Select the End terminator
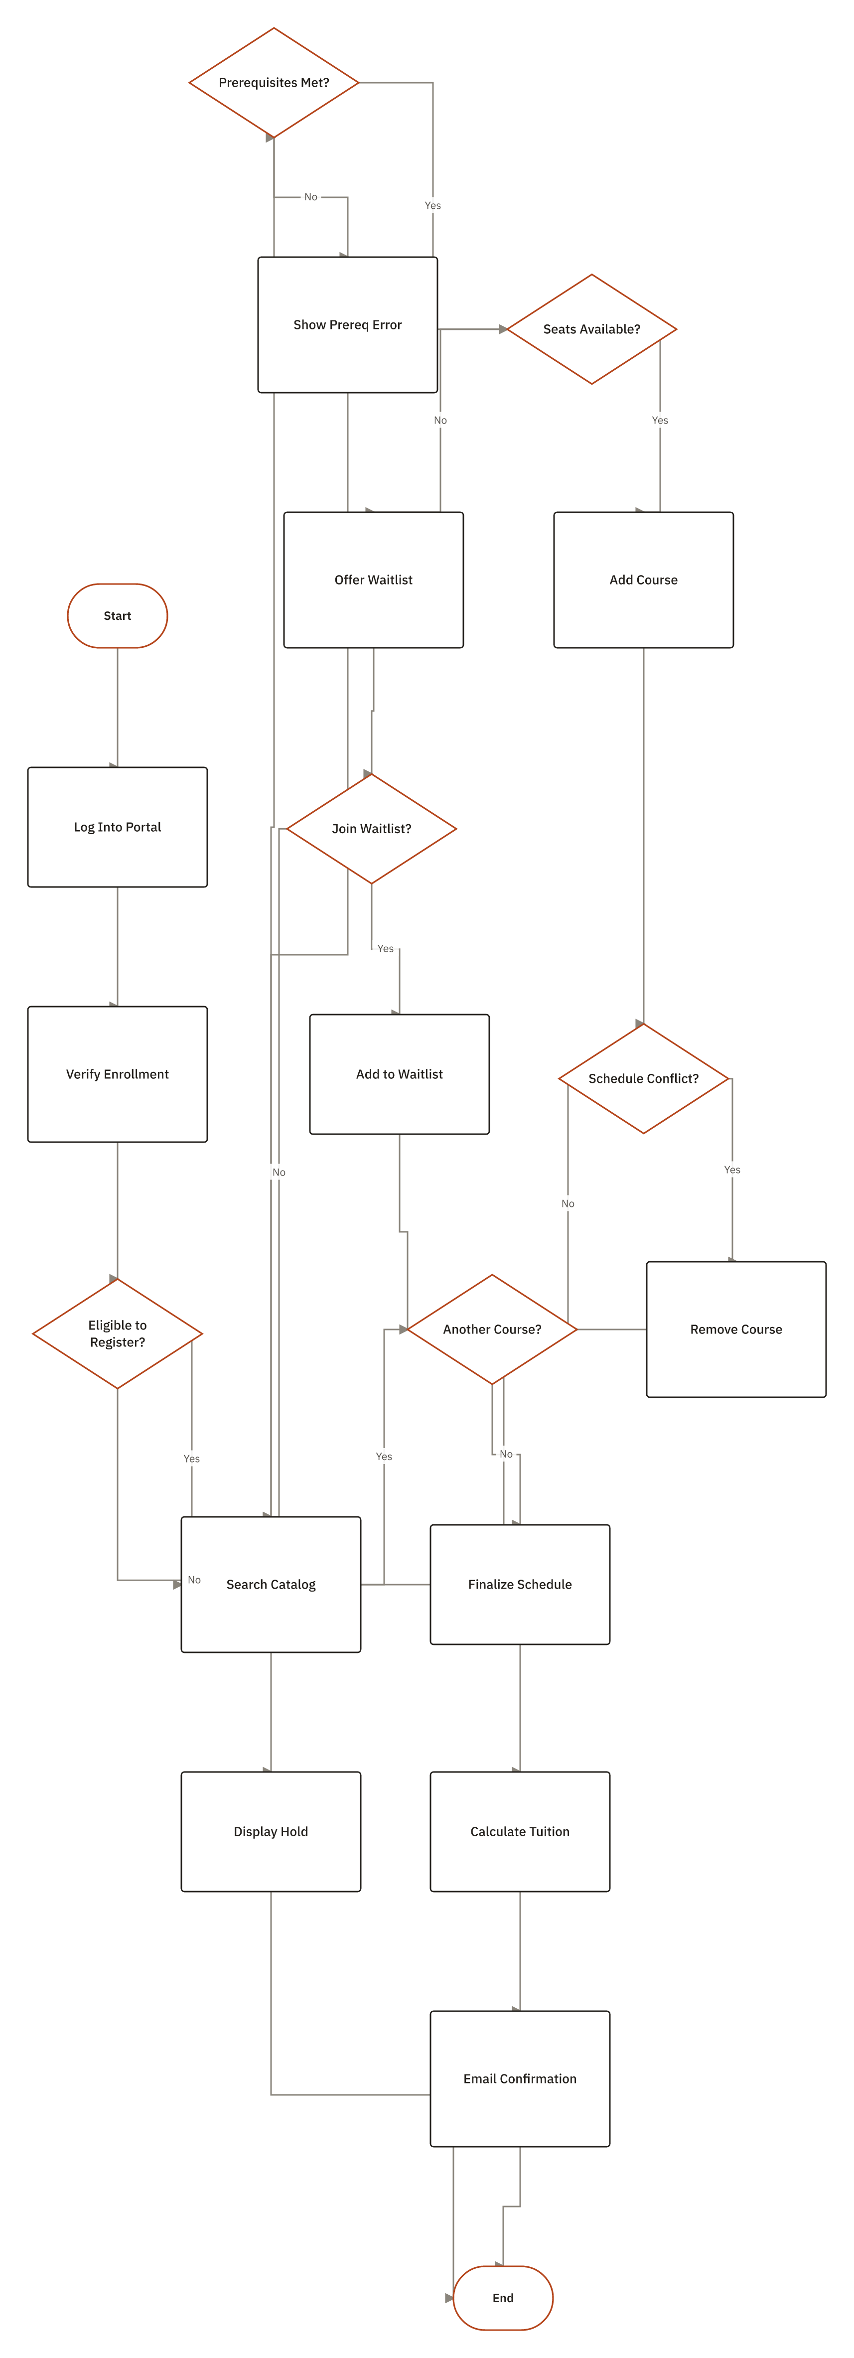tap(503, 2298)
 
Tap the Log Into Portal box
tap(117, 827)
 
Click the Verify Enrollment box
tap(117, 1074)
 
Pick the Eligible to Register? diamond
tap(117, 1333)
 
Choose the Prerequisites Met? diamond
tap(274, 82)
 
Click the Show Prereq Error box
tap(348, 325)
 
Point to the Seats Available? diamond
tap(591, 328)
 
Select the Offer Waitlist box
tap(374, 580)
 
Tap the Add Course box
tap(643, 580)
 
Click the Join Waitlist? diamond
tap(372, 828)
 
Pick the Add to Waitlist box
tap(399, 1074)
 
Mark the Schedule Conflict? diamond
tap(643, 1078)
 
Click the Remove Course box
tap(736, 1329)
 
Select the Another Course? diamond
tap(492, 1329)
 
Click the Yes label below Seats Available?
tap(660, 420)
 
